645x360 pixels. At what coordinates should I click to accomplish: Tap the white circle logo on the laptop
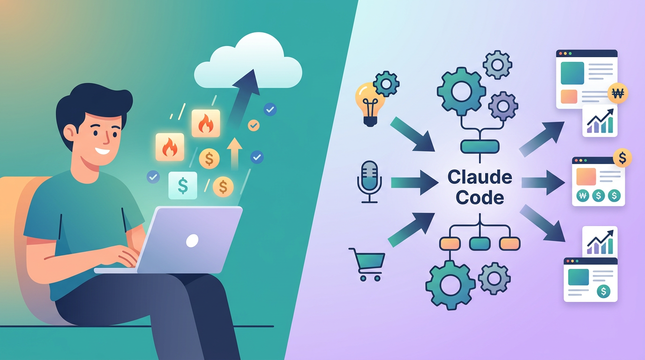coord(192,241)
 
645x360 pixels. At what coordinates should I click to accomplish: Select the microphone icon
coord(369,181)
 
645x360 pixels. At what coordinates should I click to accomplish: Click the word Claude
coord(480,178)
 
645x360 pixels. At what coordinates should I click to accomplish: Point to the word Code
coord(480,197)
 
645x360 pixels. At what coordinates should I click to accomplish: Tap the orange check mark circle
coord(253,125)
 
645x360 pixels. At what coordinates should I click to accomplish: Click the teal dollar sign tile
coord(182,185)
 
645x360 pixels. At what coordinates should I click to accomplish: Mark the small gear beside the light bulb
coord(387,84)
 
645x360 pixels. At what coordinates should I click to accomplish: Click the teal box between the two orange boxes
coord(480,243)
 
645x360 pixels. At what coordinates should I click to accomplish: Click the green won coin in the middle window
coord(583,196)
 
